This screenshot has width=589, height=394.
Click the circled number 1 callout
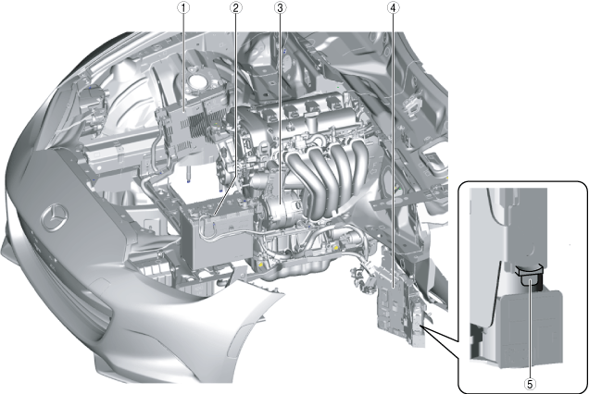click(183, 8)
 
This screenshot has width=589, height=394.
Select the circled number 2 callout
click(236, 8)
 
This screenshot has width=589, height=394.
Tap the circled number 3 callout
click(279, 8)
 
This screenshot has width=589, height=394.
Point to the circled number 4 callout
click(393, 8)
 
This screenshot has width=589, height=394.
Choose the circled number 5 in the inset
click(530, 384)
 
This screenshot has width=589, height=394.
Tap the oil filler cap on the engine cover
click(311, 120)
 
